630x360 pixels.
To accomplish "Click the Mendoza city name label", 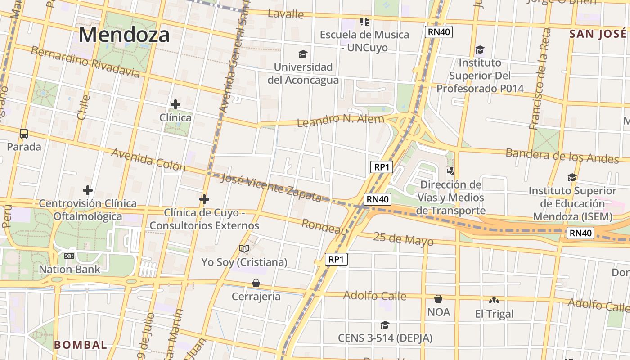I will pyautogui.click(x=124, y=35).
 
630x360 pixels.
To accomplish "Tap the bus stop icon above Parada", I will pyautogui.click(x=24, y=133).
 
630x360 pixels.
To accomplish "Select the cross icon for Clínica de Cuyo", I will pyautogui.click(x=204, y=199).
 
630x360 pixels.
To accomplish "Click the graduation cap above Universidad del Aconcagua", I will pyautogui.click(x=303, y=54).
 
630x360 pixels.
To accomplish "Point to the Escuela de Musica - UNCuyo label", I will pyautogui.click(x=364, y=41).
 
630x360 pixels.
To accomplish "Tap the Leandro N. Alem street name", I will pyautogui.click(x=341, y=120).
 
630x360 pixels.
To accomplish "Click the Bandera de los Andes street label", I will pyautogui.click(x=562, y=155).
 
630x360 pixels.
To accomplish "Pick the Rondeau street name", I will pyautogui.click(x=325, y=227).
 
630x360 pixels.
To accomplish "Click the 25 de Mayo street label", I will pyautogui.click(x=403, y=239).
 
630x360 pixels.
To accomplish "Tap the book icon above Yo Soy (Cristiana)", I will pyautogui.click(x=244, y=248).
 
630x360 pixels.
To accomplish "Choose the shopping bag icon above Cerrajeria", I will pyautogui.click(x=256, y=283).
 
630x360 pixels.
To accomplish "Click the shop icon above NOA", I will pyautogui.click(x=438, y=298).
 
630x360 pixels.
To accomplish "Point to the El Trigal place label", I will pyautogui.click(x=494, y=314).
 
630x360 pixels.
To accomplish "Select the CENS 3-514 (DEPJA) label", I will pyautogui.click(x=385, y=338).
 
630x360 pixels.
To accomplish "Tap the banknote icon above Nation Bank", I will pyautogui.click(x=69, y=256).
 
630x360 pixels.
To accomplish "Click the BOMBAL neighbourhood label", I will pyautogui.click(x=81, y=345).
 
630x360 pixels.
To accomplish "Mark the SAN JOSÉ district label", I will pyautogui.click(x=598, y=34).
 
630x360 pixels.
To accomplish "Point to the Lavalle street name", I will pyautogui.click(x=286, y=13).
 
